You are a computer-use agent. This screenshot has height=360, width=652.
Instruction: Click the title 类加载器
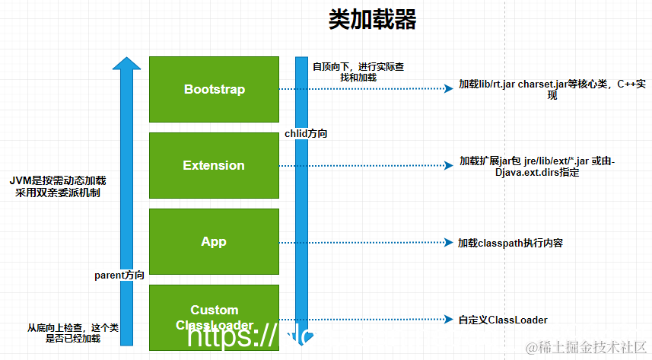(372, 20)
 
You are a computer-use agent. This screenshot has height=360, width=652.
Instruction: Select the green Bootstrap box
(214, 89)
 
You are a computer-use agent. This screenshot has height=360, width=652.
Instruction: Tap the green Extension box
(214, 165)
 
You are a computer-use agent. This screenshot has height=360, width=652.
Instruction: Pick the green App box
(214, 241)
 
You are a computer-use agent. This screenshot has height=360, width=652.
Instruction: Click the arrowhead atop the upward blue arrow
(126, 64)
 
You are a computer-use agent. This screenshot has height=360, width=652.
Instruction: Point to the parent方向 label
(119, 273)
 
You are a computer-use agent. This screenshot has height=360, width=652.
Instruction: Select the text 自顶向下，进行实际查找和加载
(358, 72)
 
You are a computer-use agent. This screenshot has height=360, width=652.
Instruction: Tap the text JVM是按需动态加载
(58, 180)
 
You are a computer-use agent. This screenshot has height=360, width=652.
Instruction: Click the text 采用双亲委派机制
(58, 193)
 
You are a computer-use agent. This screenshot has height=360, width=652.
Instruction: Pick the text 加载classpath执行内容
(510, 243)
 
